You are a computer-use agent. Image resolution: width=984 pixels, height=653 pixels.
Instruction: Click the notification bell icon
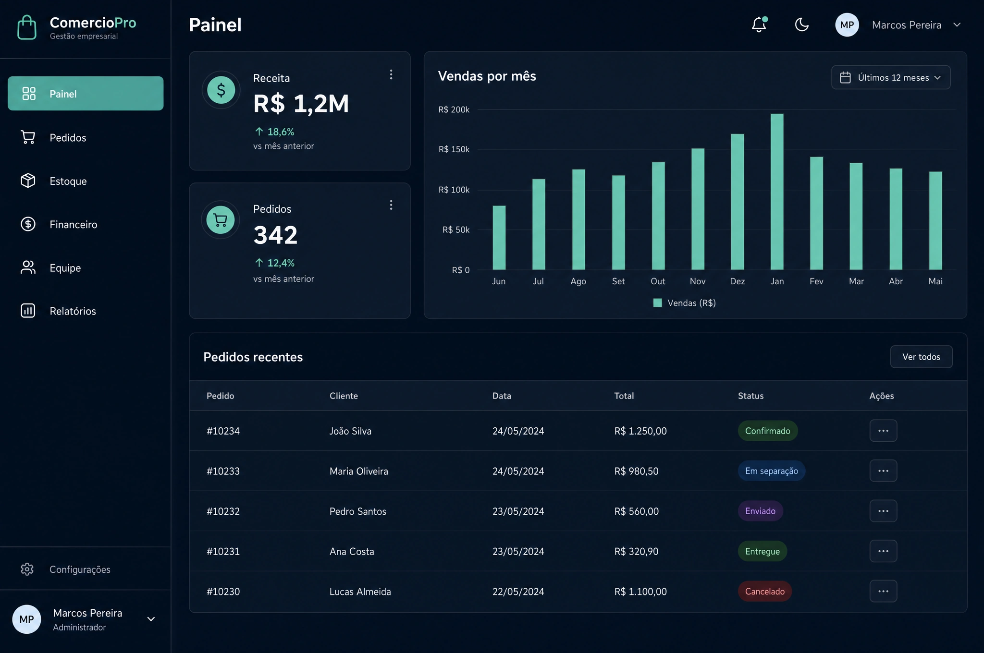point(759,24)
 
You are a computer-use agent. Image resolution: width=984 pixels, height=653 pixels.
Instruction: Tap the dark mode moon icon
point(801,24)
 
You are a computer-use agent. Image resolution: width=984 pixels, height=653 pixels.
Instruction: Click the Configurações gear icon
point(27,569)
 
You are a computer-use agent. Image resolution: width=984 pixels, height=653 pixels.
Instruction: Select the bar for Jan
point(777,192)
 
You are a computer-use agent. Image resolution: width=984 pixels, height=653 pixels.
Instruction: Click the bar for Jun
point(499,238)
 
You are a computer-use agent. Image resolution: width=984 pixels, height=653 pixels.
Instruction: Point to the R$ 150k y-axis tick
point(454,149)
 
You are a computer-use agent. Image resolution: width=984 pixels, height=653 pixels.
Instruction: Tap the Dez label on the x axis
point(738,281)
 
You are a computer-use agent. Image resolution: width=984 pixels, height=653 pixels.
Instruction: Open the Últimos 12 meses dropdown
point(891,77)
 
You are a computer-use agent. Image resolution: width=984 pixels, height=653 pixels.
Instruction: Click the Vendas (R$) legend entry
point(685,303)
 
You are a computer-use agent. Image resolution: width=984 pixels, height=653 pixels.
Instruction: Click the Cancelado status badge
point(765,592)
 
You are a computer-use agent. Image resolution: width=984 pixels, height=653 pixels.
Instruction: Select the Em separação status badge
point(772,471)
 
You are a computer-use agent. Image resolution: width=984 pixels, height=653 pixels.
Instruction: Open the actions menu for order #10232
point(883,511)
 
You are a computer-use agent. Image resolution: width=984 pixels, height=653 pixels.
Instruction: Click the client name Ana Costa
point(352,551)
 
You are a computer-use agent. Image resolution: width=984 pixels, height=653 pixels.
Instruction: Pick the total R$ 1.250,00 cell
point(640,431)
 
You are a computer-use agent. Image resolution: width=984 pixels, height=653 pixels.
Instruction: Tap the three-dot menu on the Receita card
point(391,74)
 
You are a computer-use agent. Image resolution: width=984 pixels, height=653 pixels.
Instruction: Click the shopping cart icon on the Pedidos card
point(221,220)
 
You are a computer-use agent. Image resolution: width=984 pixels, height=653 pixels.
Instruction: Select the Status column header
point(751,396)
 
